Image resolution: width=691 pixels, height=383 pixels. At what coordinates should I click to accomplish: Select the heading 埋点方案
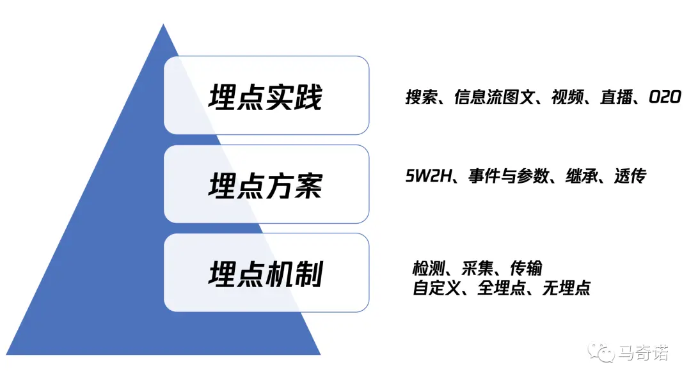pos(266,185)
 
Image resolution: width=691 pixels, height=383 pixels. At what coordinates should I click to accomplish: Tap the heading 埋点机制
pos(266,273)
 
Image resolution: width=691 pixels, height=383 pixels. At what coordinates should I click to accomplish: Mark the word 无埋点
pos(566,288)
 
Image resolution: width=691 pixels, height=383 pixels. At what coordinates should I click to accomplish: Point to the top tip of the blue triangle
pos(163,25)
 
